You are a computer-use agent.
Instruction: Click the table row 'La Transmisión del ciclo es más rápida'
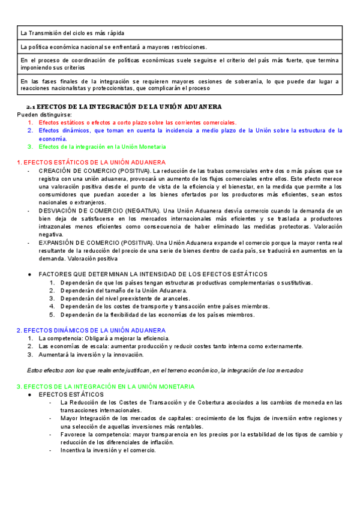point(77,32)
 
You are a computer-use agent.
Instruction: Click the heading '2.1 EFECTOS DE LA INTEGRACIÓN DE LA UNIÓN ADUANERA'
point(128,106)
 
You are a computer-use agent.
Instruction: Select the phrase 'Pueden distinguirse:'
point(44,114)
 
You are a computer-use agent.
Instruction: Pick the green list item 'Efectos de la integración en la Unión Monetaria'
point(102,146)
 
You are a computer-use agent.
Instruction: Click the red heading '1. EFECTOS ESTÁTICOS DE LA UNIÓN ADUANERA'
point(91,162)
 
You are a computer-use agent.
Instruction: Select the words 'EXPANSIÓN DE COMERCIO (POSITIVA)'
point(96,242)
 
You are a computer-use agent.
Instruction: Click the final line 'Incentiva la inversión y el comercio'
point(107,450)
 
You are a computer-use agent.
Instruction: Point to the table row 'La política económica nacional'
point(113,47)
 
